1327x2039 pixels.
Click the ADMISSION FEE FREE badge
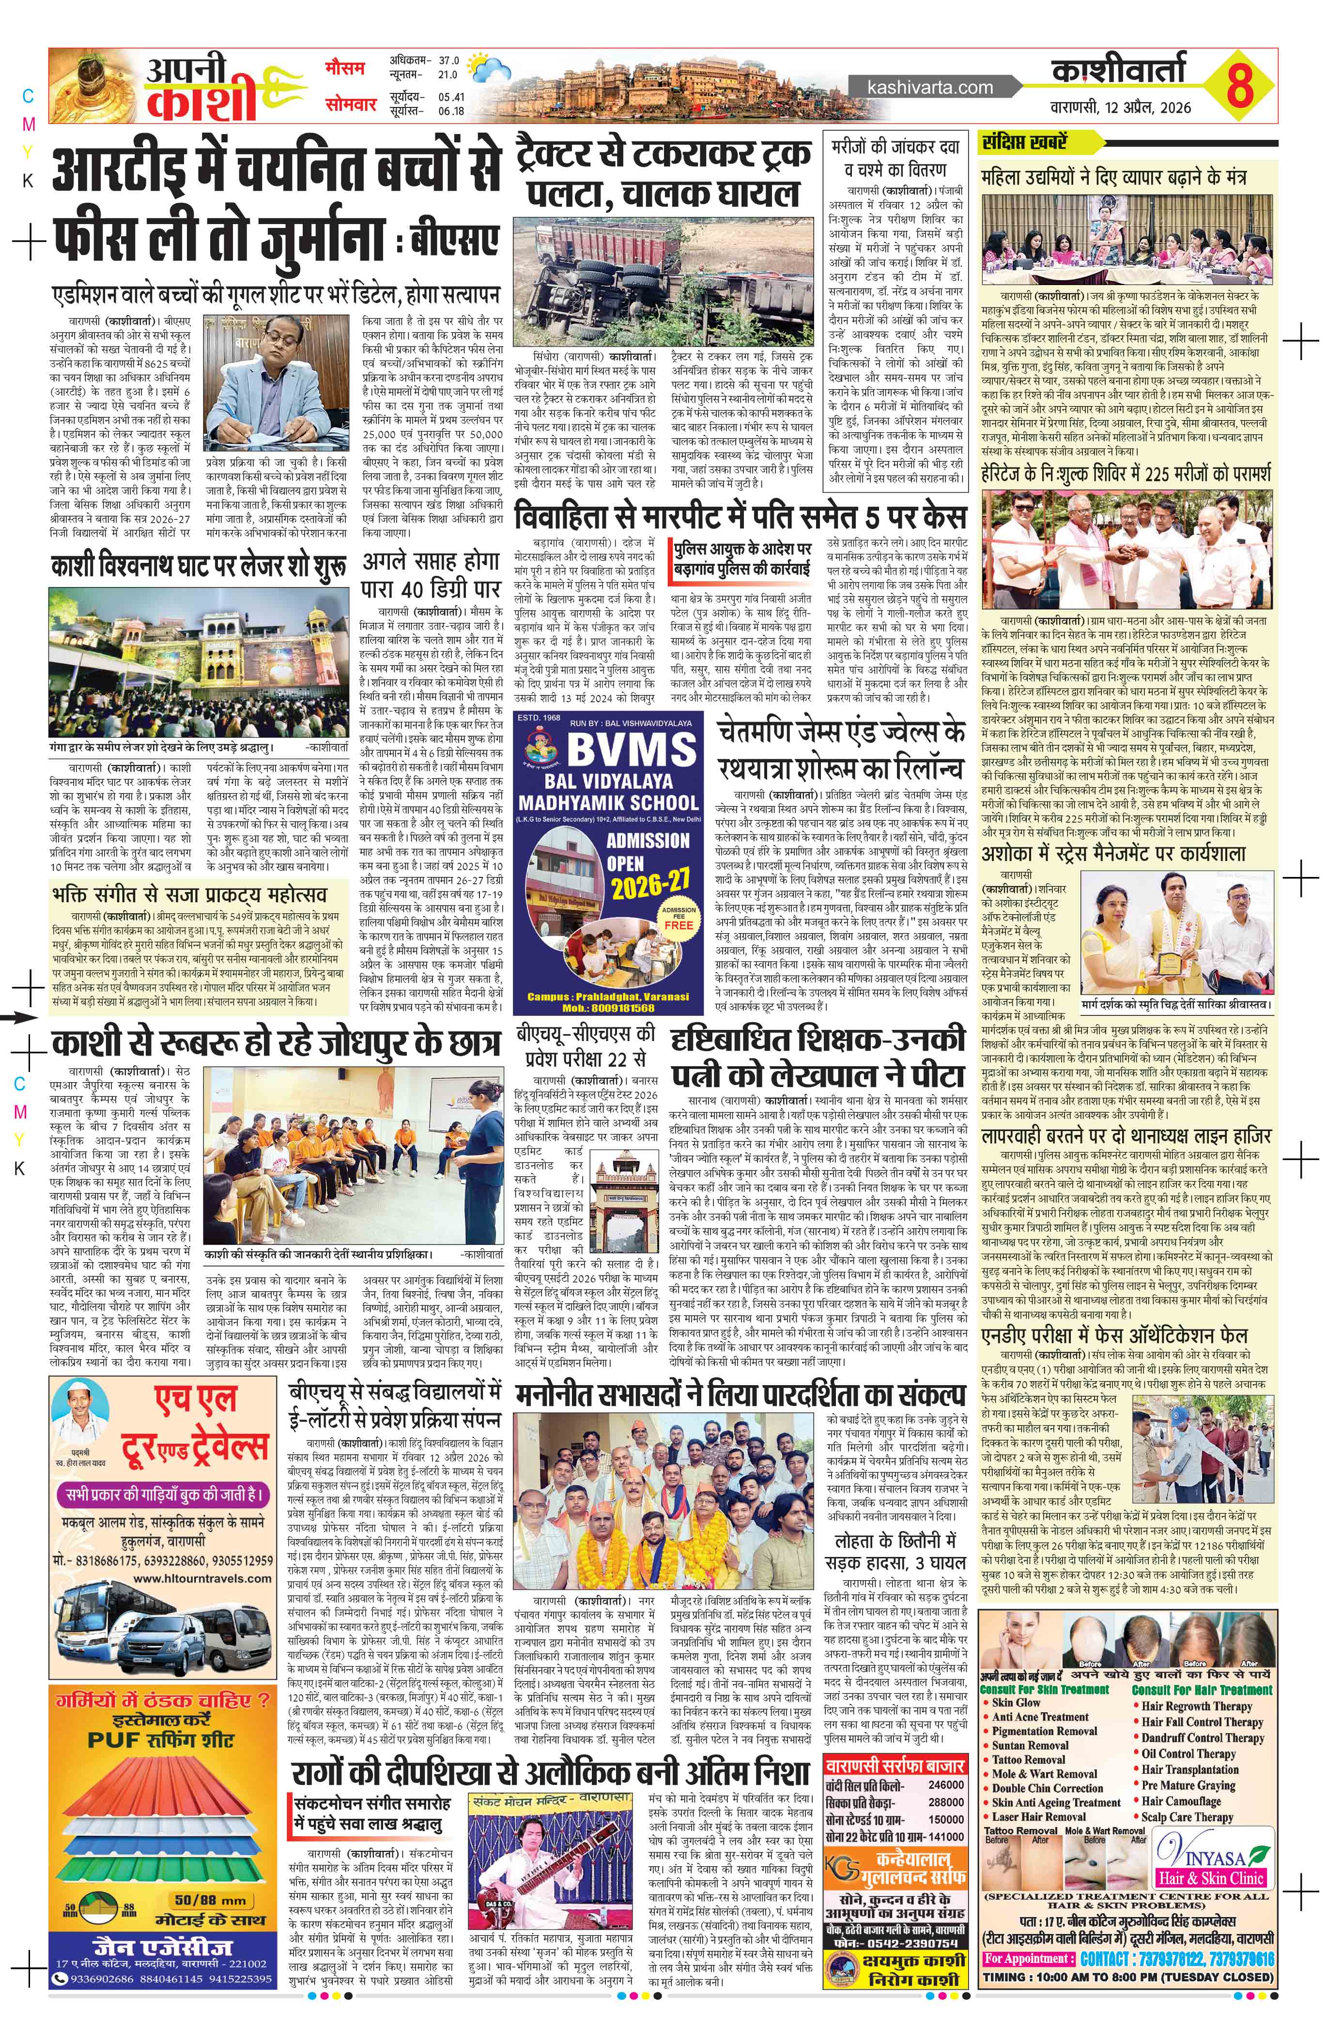click(x=678, y=919)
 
